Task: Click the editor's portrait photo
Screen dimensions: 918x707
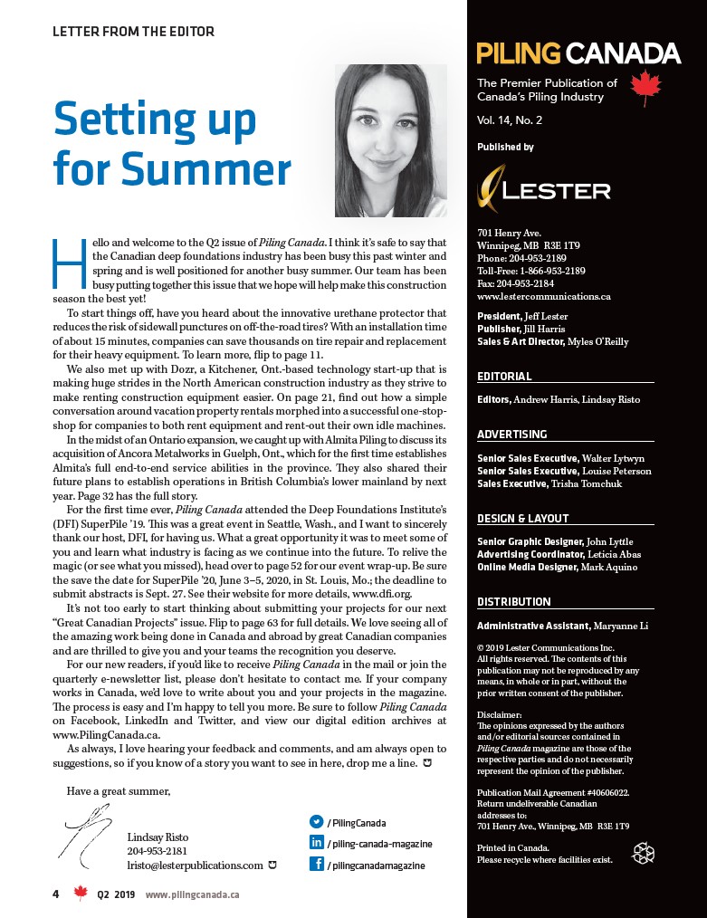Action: [x=390, y=140]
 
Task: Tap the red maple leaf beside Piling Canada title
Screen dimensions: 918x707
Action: [x=645, y=89]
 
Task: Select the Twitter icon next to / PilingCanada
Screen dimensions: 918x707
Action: [x=317, y=822]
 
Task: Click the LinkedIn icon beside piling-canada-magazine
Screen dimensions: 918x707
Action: [x=317, y=843]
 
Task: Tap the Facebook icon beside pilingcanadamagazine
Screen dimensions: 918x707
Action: [x=317, y=865]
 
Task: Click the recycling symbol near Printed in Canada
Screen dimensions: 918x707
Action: [x=643, y=852]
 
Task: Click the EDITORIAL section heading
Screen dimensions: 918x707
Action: [x=504, y=377]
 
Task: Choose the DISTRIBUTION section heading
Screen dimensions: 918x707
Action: [x=513, y=602]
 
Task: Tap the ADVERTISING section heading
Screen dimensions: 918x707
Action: [x=511, y=435]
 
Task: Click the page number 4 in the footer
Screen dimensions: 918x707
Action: [x=55, y=894]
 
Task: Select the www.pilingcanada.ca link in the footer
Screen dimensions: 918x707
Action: [x=192, y=894]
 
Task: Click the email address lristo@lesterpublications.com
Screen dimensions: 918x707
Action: [x=195, y=865]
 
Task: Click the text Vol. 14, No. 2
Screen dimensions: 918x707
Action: [x=510, y=120]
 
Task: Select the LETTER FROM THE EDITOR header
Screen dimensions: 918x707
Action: [x=133, y=32]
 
